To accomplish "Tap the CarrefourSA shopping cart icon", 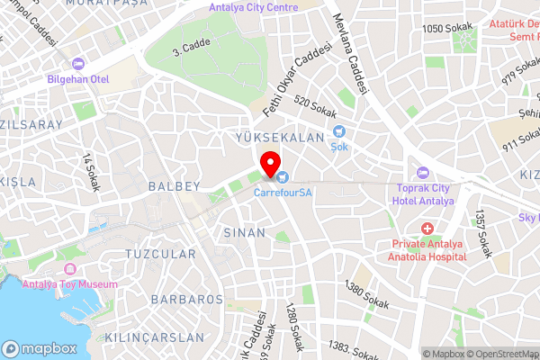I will [283, 177].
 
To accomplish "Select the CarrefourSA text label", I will [283, 192].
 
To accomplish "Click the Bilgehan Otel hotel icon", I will [78, 64].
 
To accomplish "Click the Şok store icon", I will [339, 131].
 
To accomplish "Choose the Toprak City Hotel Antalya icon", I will [423, 174].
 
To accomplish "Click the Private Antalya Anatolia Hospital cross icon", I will [427, 229].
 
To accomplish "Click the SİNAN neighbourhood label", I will [243, 232].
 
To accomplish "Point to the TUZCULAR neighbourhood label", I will [161, 255].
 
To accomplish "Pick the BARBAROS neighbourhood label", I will [186, 299].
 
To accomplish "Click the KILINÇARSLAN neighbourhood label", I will [155, 337].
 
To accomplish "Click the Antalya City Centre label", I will [253, 8].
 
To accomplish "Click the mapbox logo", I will [39, 348].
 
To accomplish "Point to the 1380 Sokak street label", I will [367, 296].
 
